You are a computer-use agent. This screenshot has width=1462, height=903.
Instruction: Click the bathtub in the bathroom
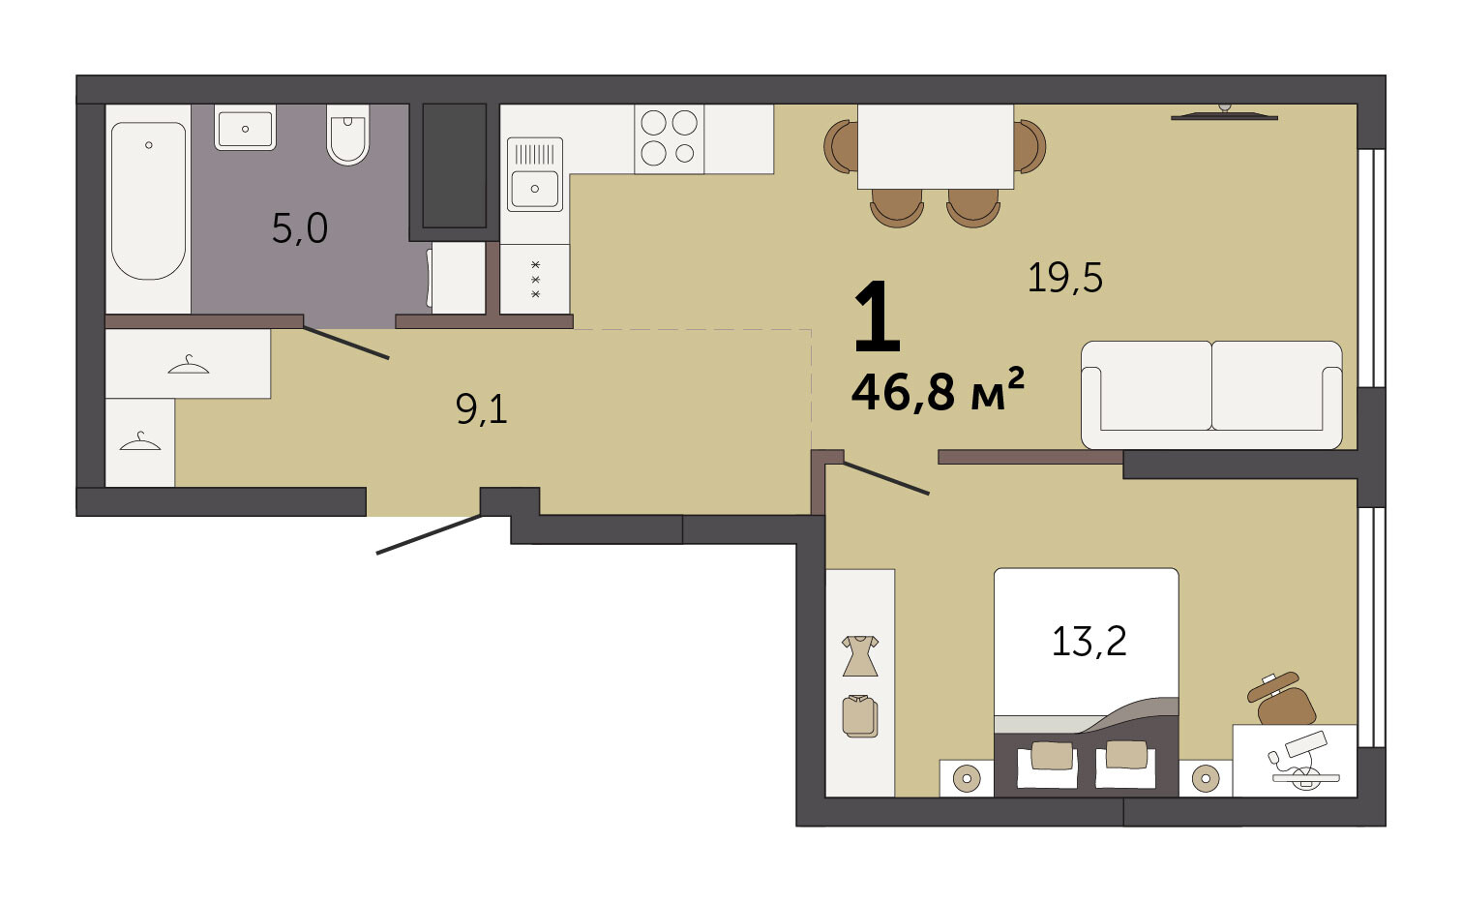click(148, 200)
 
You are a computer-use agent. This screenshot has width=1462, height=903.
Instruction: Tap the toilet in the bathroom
click(348, 135)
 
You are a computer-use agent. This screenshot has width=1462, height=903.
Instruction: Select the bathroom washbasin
click(245, 128)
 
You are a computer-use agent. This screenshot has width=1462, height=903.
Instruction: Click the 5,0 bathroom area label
click(300, 229)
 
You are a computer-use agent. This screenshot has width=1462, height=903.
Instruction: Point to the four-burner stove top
click(669, 138)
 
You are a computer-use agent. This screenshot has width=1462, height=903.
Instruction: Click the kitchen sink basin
click(534, 189)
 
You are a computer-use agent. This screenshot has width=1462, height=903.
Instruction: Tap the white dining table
click(936, 146)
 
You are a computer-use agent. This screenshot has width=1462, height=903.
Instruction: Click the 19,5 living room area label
click(1065, 278)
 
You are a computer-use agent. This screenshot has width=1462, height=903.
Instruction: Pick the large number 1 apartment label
click(878, 316)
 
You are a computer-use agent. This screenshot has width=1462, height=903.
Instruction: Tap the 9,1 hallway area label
click(482, 410)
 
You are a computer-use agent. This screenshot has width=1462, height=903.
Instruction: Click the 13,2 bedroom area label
click(1089, 641)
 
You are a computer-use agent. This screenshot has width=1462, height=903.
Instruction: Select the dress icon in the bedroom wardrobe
click(860, 655)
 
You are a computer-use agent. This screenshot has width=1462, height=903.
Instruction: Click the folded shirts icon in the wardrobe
click(860, 716)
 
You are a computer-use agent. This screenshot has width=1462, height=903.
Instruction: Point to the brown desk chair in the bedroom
click(1282, 700)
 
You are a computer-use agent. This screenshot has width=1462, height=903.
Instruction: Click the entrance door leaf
click(430, 534)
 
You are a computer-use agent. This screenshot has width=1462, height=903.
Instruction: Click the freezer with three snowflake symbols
click(534, 280)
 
